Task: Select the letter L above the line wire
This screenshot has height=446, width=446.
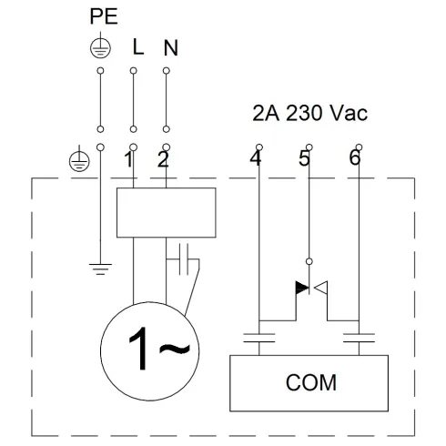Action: [137, 48]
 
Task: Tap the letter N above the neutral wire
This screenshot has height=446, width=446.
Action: [169, 48]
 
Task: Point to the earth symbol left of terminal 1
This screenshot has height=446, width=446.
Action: [78, 161]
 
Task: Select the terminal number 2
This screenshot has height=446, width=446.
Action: [163, 161]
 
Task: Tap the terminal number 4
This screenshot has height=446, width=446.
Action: [255, 161]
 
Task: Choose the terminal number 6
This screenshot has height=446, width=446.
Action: [354, 161]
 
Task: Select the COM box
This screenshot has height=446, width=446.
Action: [310, 382]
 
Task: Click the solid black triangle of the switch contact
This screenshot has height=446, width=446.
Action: [302, 289]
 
